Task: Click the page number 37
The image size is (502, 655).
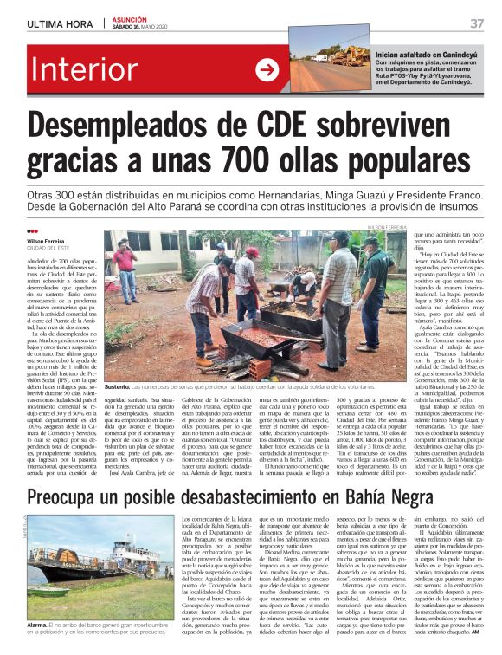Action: click(477, 23)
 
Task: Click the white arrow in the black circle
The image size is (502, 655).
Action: click(267, 70)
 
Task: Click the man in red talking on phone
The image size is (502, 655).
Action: click(125, 269)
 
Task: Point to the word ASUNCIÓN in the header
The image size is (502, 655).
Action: click(131, 17)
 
